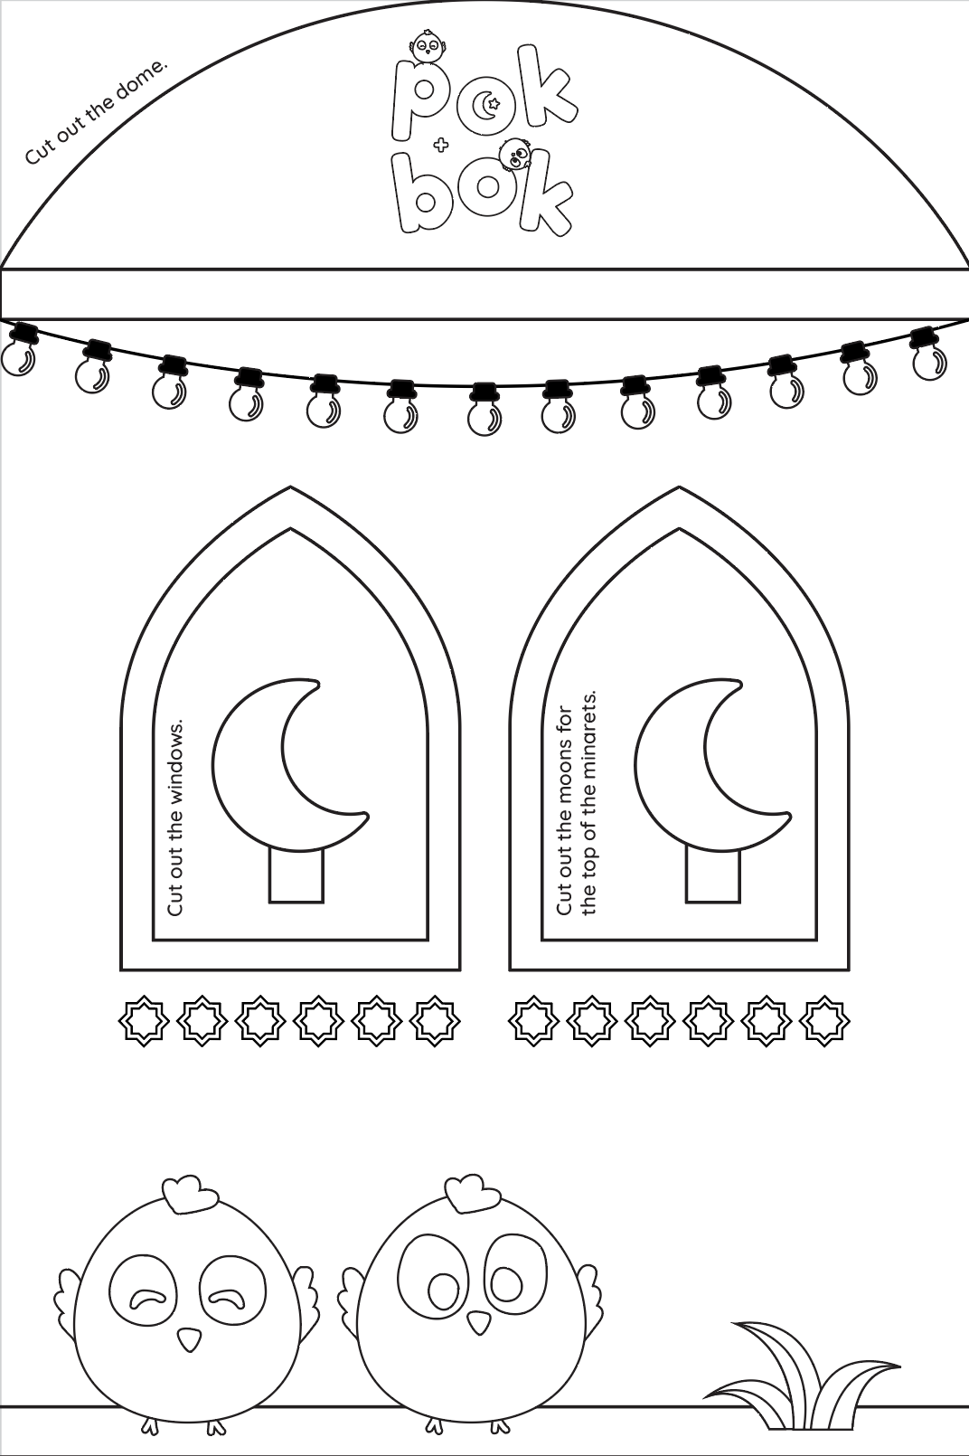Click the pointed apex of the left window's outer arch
click(x=290, y=487)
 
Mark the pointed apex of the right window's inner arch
click(x=679, y=528)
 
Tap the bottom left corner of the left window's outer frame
click(x=121, y=969)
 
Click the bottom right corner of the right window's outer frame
click(x=849, y=969)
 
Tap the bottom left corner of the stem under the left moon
click(x=270, y=902)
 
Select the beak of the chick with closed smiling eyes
click(x=190, y=1337)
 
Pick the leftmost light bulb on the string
click(x=18, y=352)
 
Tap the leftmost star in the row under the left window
click(x=144, y=1020)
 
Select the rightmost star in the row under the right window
click(x=824, y=1020)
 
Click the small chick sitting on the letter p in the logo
click(x=427, y=47)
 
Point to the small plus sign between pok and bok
click(x=440, y=147)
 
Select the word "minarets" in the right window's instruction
click(x=588, y=734)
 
